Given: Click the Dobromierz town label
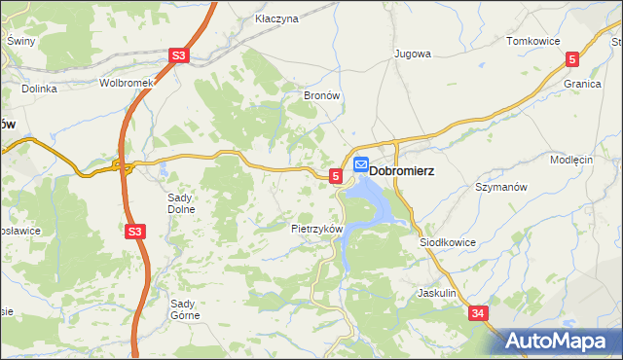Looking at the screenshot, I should click(401, 168).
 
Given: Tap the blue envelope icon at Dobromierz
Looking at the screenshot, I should click(360, 166).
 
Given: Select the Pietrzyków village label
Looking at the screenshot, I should click(317, 229).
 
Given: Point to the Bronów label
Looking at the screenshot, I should click(320, 97).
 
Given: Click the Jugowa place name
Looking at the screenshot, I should click(412, 54).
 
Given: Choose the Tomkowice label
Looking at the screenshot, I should click(532, 41).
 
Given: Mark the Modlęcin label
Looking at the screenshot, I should click(571, 160).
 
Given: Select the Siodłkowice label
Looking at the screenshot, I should click(447, 241).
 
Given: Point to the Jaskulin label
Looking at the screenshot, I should click(436, 292).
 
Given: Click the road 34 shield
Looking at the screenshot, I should click(477, 313).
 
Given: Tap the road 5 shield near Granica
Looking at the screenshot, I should click(571, 59).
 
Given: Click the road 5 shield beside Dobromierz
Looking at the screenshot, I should click(336, 175).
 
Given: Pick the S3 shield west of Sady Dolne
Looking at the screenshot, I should click(135, 231).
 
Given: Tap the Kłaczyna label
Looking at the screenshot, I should click(275, 18).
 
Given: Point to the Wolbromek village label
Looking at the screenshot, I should click(127, 83).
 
